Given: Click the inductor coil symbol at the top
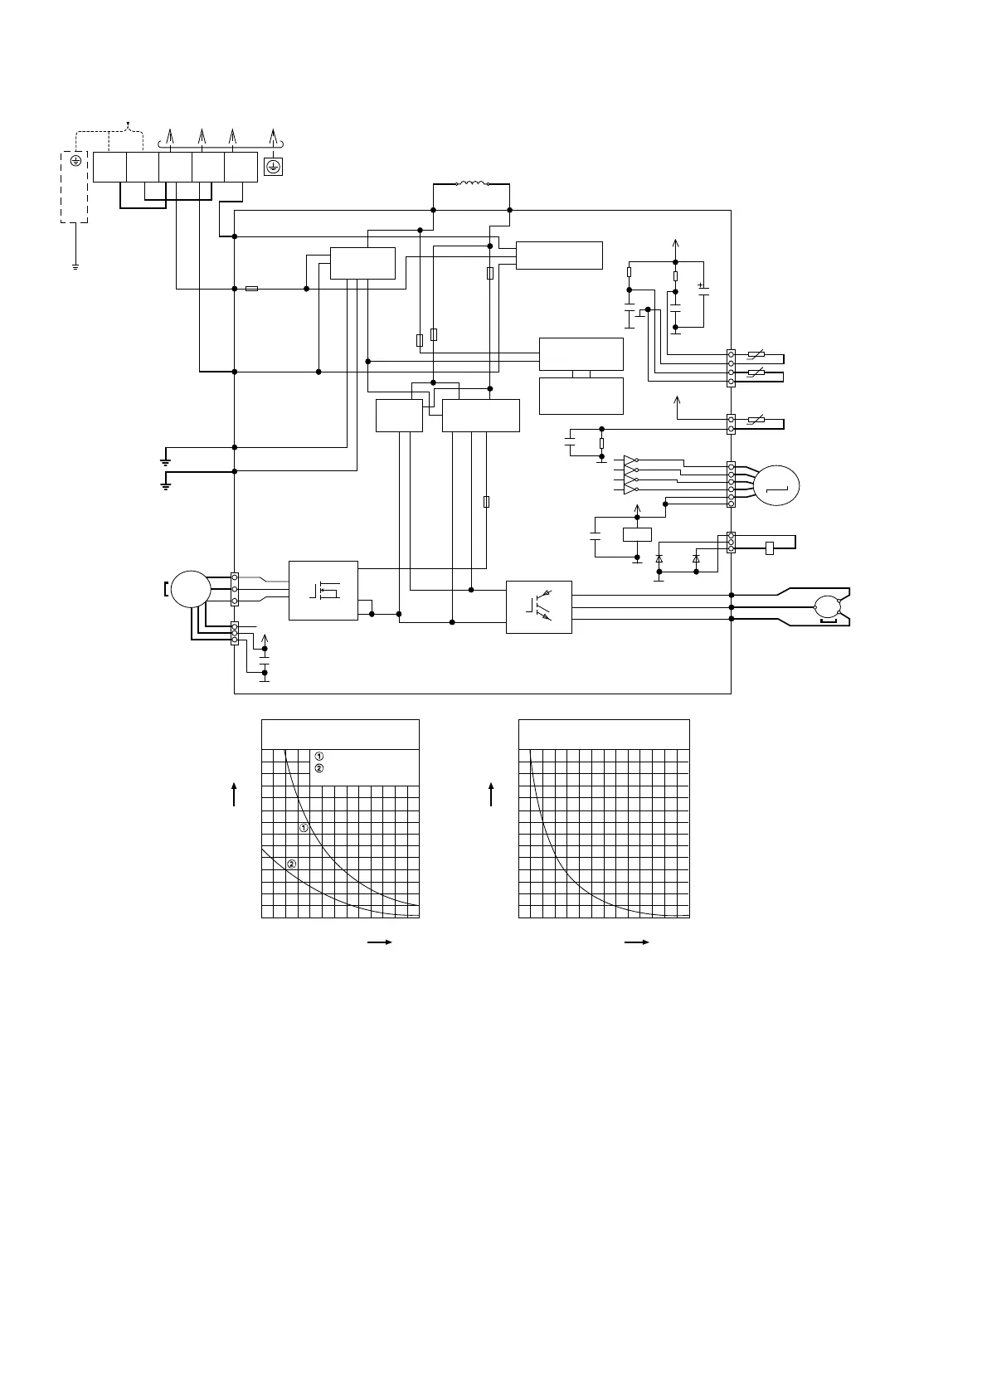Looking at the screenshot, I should pyautogui.click(x=472, y=183).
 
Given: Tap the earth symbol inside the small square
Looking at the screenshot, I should pyautogui.click(x=272, y=167).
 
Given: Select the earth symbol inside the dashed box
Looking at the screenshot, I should pyautogui.click(x=75, y=162).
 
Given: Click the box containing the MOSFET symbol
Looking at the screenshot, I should pyautogui.click(x=323, y=590).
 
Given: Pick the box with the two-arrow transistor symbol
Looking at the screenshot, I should pyautogui.click(x=538, y=606).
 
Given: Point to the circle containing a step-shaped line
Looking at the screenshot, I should pyautogui.click(x=777, y=484).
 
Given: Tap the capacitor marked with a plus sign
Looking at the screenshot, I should pyautogui.click(x=703, y=290).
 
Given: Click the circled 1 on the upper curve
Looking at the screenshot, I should pyautogui.click(x=304, y=828).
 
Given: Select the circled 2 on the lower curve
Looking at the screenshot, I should pyautogui.click(x=291, y=864).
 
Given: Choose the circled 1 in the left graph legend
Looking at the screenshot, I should pyautogui.click(x=319, y=756).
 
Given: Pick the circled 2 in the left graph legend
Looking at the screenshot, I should pyautogui.click(x=319, y=768).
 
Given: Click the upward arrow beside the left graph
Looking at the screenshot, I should pyautogui.click(x=236, y=793).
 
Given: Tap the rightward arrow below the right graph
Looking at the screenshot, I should pyautogui.click(x=635, y=942).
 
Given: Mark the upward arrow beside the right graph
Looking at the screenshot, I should pyautogui.click(x=492, y=793).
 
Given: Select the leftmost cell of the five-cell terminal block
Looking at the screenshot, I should pyautogui.click(x=109, y=167).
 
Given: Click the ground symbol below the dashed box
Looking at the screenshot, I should pyautogui.click(x=75, y=266).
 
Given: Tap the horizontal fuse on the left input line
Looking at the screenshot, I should pyautogui.click(x=252, y=289).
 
